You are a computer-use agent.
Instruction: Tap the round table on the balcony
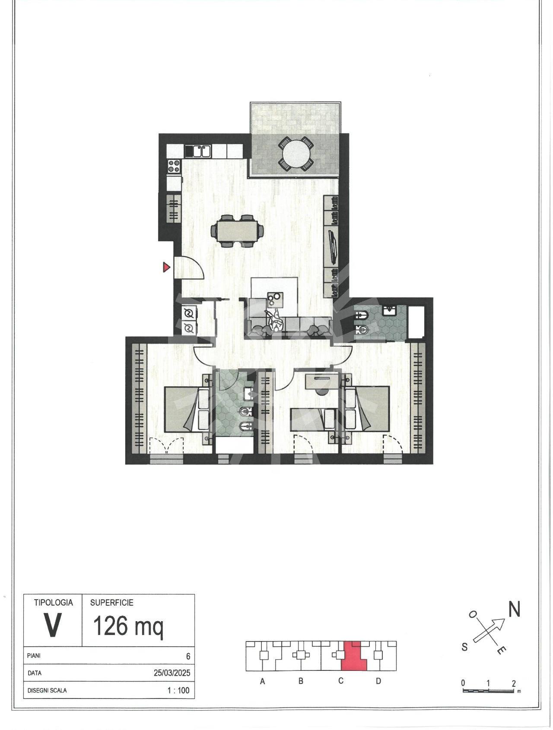coord(296,154)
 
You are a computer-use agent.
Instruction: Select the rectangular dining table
coord(237,231)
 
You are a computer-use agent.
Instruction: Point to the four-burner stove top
coord(174,166)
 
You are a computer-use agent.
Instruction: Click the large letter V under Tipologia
coord(52,625)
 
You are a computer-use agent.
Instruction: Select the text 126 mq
coord(128,626)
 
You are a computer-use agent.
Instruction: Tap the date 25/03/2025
coord(172,673)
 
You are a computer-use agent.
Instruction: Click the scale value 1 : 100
coord(178,690)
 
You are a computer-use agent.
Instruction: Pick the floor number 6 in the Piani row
coord(188,656)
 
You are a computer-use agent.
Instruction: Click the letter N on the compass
coord(514,609)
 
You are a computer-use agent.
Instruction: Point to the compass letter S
coord(464,647)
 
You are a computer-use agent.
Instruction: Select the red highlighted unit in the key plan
coord(354,656)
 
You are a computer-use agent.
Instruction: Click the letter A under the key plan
coord(262,681)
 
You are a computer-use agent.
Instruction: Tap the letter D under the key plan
coord(378,681)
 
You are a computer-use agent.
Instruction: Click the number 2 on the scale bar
coord(514,683)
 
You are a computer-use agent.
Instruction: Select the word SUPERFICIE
coord(112,603)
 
